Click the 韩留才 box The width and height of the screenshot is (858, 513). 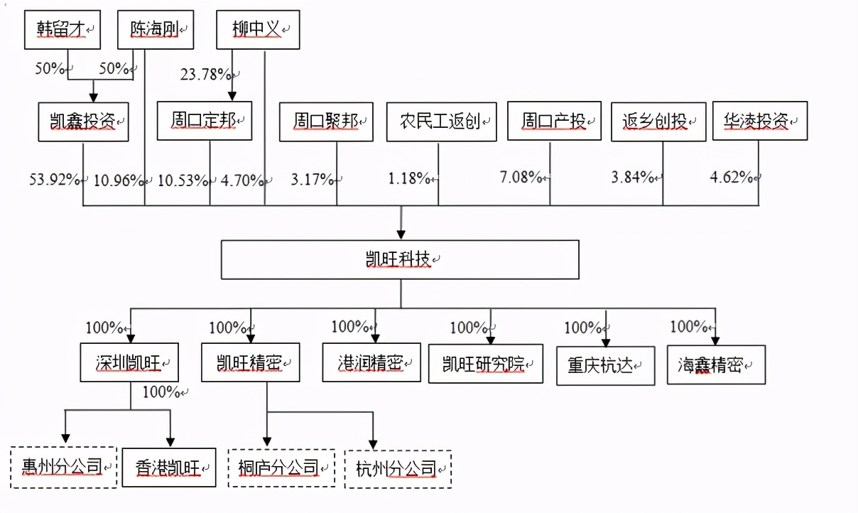[63, 30]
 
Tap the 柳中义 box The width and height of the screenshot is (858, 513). [258, 30]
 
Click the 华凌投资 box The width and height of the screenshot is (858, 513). [760, 121]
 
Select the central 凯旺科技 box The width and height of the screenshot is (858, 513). [400, 259]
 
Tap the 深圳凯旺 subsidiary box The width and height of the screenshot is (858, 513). [129, 362]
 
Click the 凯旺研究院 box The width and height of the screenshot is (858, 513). [486, 364]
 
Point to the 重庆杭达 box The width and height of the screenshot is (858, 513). [605, 366]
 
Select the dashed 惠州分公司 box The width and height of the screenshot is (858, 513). [64, 467]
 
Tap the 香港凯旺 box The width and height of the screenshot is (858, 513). [169, 468]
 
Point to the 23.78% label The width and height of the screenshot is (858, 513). [205, 75]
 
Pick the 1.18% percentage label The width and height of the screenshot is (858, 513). [409, 178]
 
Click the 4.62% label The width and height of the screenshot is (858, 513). [732, 177]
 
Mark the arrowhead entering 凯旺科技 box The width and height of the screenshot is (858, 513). [401, 234]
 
